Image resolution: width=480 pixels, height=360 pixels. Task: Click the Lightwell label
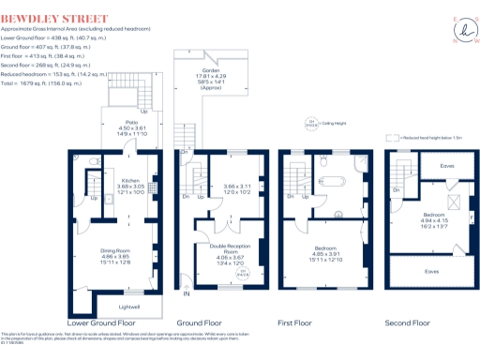pos(129,306)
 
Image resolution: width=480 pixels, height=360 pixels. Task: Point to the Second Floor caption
pos(408,323)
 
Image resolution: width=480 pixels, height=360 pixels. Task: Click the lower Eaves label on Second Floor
pos(430,271)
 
